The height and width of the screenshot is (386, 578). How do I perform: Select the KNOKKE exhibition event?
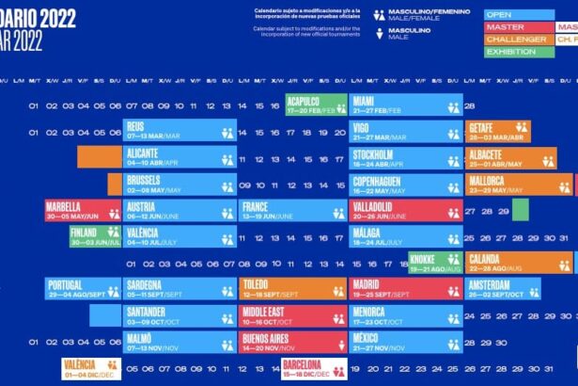(x=433, y=263)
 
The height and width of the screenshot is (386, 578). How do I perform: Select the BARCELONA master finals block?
(x=314, y=368)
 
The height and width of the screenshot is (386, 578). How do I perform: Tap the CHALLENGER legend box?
(x=517, y=40)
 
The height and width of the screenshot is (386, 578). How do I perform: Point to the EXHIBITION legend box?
(x=517, y=52)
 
